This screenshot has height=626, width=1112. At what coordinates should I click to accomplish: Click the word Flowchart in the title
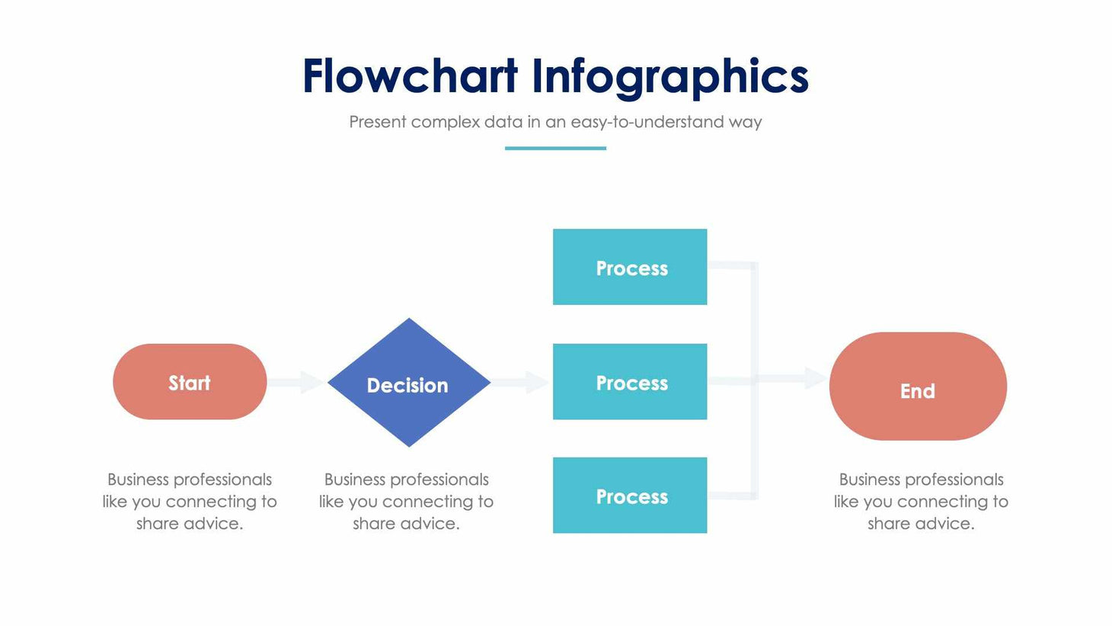tap(410, 76)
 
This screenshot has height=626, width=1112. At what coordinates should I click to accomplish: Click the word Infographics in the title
tap(669, 78)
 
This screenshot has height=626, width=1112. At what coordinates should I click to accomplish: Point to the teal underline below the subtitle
tap(555, 148)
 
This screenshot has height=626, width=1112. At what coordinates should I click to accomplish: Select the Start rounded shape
tap(190, 382)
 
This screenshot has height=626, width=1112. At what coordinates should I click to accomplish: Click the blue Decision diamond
tap(409, 383)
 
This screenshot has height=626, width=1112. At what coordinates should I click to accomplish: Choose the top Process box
tap(630, 267)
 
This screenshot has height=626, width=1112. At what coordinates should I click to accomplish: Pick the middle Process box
tap(630, 381)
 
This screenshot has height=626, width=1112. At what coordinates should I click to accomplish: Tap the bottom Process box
tap(630, 495)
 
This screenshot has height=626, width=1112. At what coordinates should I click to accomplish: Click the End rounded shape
tap(918, 387)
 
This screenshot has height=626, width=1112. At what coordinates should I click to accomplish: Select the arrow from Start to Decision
tap(297, 382)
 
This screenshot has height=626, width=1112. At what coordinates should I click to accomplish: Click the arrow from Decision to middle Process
tap(520, 382)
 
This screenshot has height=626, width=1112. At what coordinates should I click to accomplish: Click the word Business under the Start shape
tap(138, 480)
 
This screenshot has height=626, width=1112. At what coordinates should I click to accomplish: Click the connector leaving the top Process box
tap(731, 265)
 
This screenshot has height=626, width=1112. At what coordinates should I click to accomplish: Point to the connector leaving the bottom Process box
tap(731, 496)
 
